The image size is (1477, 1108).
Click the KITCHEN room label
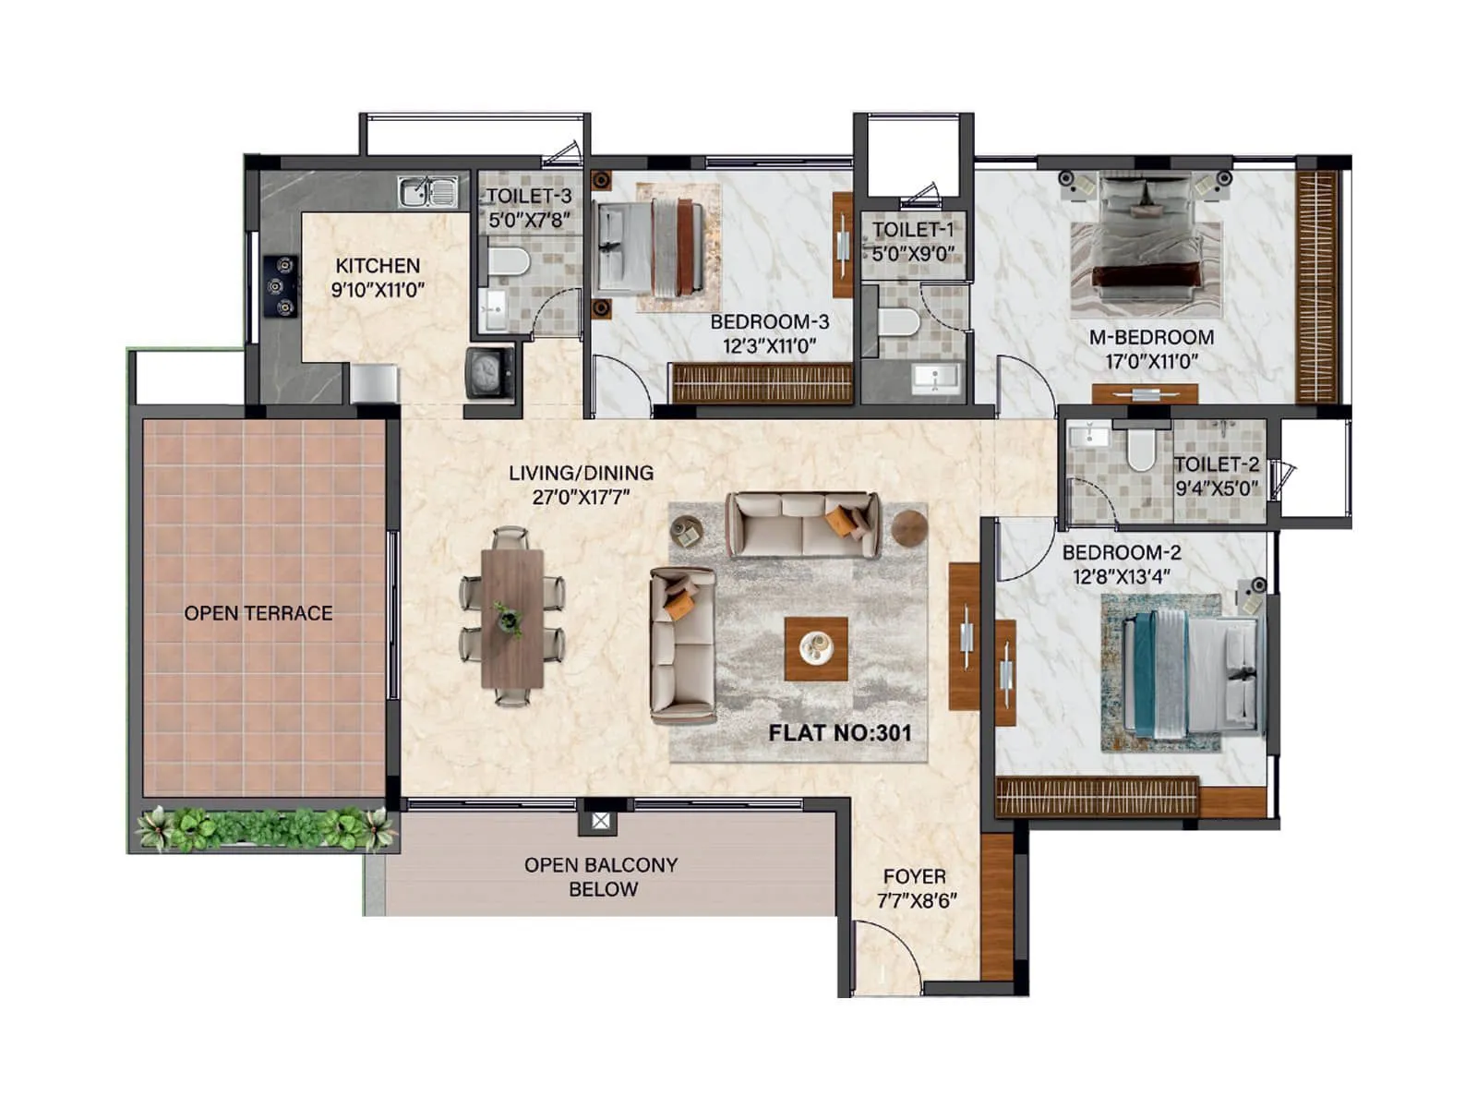click(377, 266)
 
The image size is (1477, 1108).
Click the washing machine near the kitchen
click(489, 372)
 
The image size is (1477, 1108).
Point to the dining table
click(511, 617)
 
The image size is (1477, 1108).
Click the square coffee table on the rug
click(816, 648)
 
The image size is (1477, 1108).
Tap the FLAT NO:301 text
click(840, 733)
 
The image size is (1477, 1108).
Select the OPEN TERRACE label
click(258, 613)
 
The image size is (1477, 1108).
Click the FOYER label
click(914, 876)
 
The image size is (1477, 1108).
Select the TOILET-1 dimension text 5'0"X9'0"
click(913, 253)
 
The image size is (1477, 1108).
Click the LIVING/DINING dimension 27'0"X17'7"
click(581, 497)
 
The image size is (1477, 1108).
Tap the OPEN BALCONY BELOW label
click(601, 877)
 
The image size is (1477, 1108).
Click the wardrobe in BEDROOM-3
click(763, 383)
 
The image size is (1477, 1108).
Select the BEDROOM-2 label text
click(1121, 553)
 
